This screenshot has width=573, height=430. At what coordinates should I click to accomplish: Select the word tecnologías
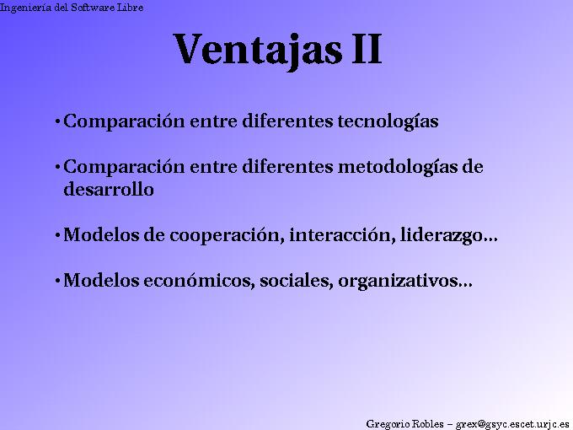pyautogui.click(x=388, y=121)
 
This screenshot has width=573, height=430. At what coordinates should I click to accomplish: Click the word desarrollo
pyautogui.click(x=109, y=190)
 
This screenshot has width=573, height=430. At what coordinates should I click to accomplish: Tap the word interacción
pyautogui.click(x=338, y=235)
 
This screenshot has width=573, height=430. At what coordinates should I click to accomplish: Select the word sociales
pyautogui.click(x=293, y=281)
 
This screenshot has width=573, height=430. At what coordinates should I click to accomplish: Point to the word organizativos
pyautogui.click(x=399, y=281)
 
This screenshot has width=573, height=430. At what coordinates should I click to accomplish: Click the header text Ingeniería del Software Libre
pyautogui.click(x=72, y=8)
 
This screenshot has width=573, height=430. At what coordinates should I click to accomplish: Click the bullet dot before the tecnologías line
pyautogui.click(x=56, y=122)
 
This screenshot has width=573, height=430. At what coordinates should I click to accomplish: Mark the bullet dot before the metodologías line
pyautogui.click(x=56, y=168)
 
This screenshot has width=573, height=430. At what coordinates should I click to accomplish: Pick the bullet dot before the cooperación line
pyautogui.click(x=56, y=236)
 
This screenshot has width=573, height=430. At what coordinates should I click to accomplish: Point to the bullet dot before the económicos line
pyautogui.click(x=56, y=281)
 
